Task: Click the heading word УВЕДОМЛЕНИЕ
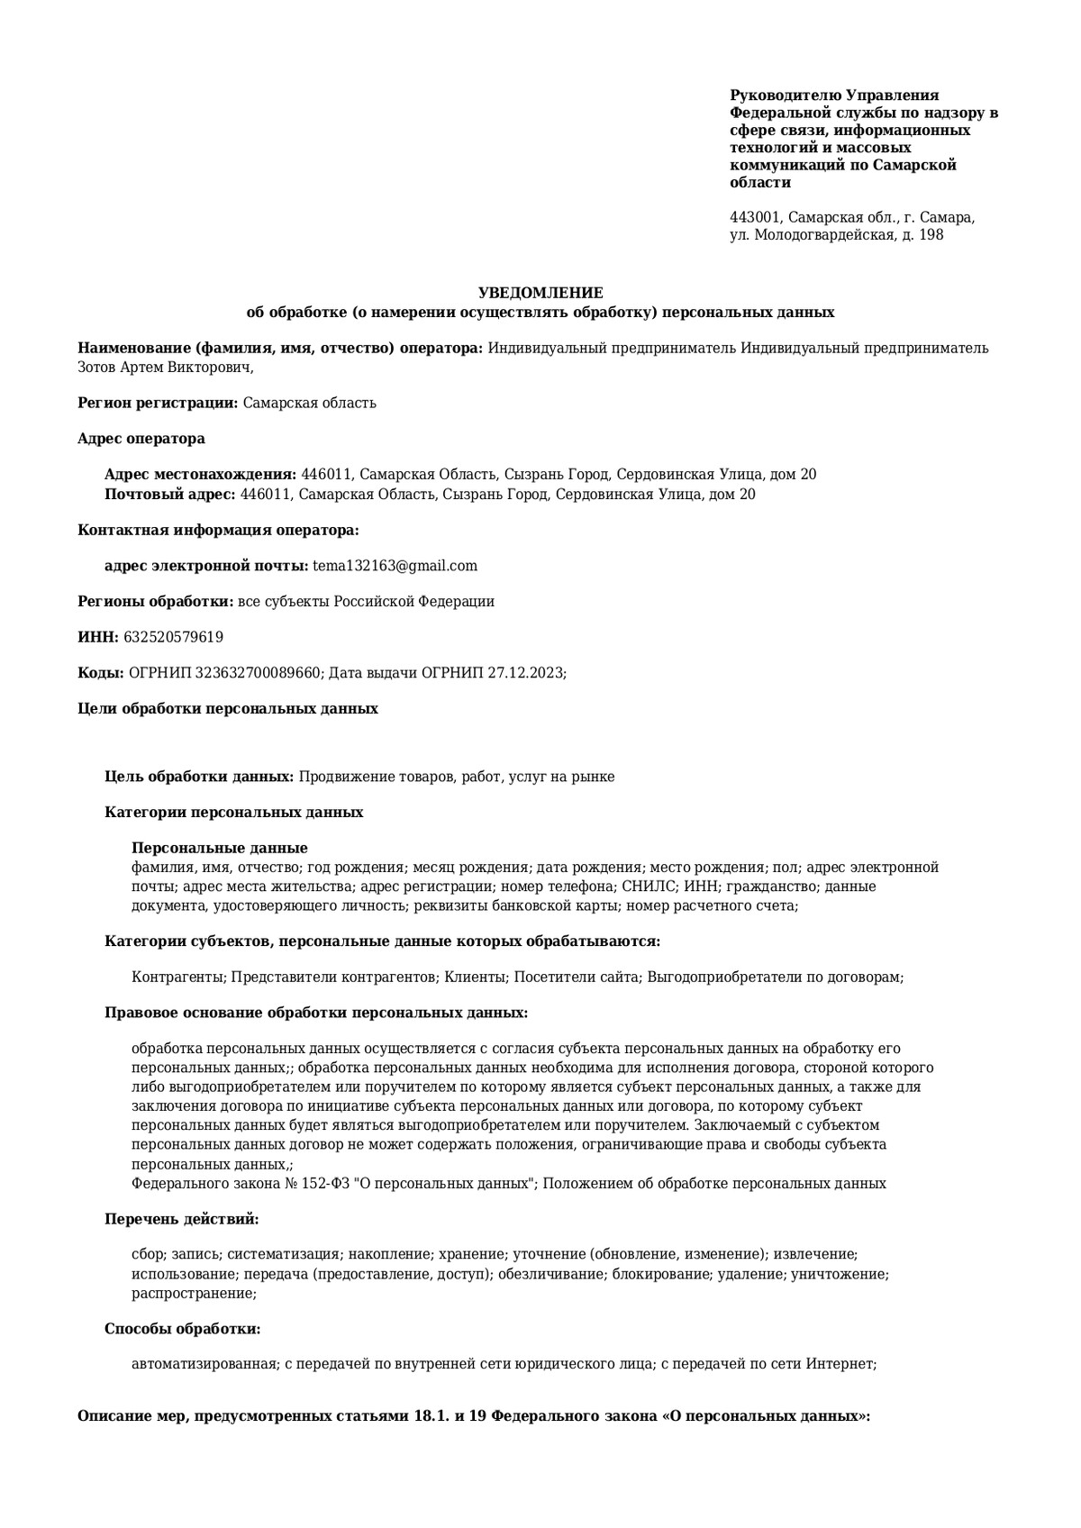point(540,293)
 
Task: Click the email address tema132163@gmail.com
point(395,566)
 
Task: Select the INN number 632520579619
point(174,637)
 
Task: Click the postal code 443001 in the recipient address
point(755,217)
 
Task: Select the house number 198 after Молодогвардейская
point(931,235)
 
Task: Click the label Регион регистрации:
point(159,403)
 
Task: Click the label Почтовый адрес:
point(170,494)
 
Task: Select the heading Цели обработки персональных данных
point(228,708)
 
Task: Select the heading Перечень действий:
point(182,1219)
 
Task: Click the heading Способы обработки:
point(183,1328)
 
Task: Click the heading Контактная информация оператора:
point(219,530)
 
